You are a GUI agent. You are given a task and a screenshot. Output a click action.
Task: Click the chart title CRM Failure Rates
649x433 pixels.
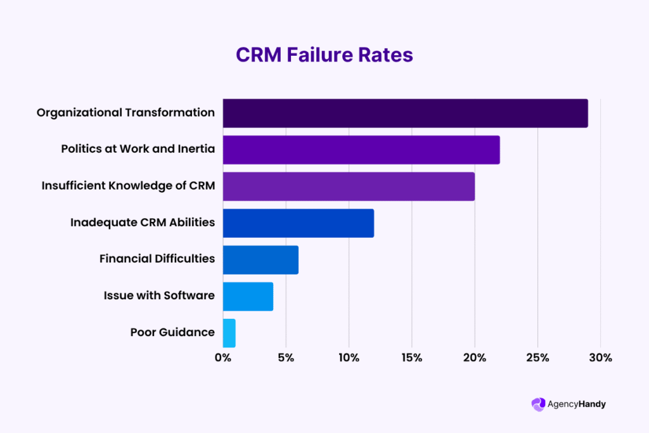coord(324,55)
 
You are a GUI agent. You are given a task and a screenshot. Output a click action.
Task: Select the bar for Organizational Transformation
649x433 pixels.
coord(405,113)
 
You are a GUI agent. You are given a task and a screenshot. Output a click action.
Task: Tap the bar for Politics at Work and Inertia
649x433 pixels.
coord(361,150)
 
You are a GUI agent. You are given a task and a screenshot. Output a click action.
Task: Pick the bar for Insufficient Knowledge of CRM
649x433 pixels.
coord(349,186)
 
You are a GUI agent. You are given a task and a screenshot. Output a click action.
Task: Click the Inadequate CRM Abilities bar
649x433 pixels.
coord(298,223)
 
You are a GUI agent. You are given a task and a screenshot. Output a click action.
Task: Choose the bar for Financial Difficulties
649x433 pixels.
coord(260,259)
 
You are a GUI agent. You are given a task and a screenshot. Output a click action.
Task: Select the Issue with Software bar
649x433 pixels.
coord(248,296)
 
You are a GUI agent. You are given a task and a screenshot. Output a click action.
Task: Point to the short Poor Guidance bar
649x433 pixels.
coord(229,333)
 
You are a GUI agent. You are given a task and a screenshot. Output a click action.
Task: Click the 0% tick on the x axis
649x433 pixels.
coord(222,358)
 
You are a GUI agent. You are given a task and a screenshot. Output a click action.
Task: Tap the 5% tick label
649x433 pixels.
coord(286,358)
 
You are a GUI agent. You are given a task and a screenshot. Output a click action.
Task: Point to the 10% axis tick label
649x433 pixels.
coord(349,358)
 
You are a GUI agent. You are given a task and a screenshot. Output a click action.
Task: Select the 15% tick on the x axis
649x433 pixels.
coord(411,358)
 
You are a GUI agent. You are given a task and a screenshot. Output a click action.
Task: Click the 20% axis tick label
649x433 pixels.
coord(475,358)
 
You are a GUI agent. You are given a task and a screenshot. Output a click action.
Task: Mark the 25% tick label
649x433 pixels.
coord(537,358)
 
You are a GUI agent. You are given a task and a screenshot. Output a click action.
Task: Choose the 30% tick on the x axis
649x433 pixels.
coord(600,358)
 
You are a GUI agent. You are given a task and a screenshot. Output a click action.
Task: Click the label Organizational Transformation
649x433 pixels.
coord(125,113)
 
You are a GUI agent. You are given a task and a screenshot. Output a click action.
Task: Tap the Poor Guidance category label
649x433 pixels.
coord(172,332)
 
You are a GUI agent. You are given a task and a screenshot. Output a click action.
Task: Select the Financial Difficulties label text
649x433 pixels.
coord(157,259)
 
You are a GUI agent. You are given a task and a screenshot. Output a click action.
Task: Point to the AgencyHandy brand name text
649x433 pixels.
coord(577,404)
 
